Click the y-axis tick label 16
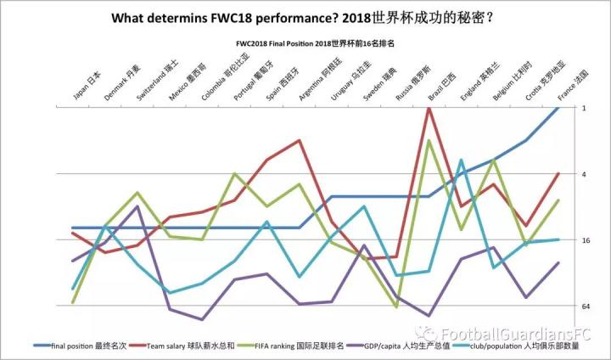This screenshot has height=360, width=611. click(x=586, y=240)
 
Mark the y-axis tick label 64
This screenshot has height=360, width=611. click(x=586, y=306)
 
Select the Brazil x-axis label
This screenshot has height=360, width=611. click(x=442, y=85)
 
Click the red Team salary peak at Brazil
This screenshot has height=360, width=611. click(x=429, y=108)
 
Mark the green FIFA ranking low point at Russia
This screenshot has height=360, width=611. click(x=396, y=307)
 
